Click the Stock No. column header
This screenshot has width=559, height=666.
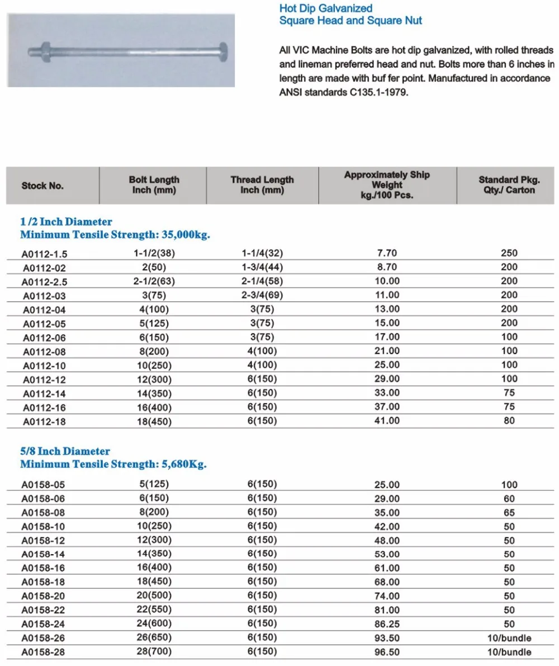pos(42,186)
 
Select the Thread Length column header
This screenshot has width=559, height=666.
pos(262,185)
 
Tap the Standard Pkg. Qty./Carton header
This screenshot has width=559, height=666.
pos(509,185)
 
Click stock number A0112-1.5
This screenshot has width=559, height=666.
pos(48,254)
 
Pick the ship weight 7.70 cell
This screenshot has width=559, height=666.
pos(387,253)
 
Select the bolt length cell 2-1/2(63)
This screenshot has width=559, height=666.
pos(154,281)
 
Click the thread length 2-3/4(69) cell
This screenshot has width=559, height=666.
pos(262,295)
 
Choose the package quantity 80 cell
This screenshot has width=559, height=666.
pos(509,420)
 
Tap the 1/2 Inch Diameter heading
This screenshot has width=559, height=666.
pos(66,222)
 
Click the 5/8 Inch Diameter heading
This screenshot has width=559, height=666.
pos(65,451)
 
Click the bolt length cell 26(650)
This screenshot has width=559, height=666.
pos(154,638)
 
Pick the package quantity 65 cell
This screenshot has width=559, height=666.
pos(509,512)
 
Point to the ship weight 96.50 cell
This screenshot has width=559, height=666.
pos(387,652)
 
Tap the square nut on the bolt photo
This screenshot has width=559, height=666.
pos(45,53)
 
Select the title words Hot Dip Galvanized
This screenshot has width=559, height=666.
pos(325,8)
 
